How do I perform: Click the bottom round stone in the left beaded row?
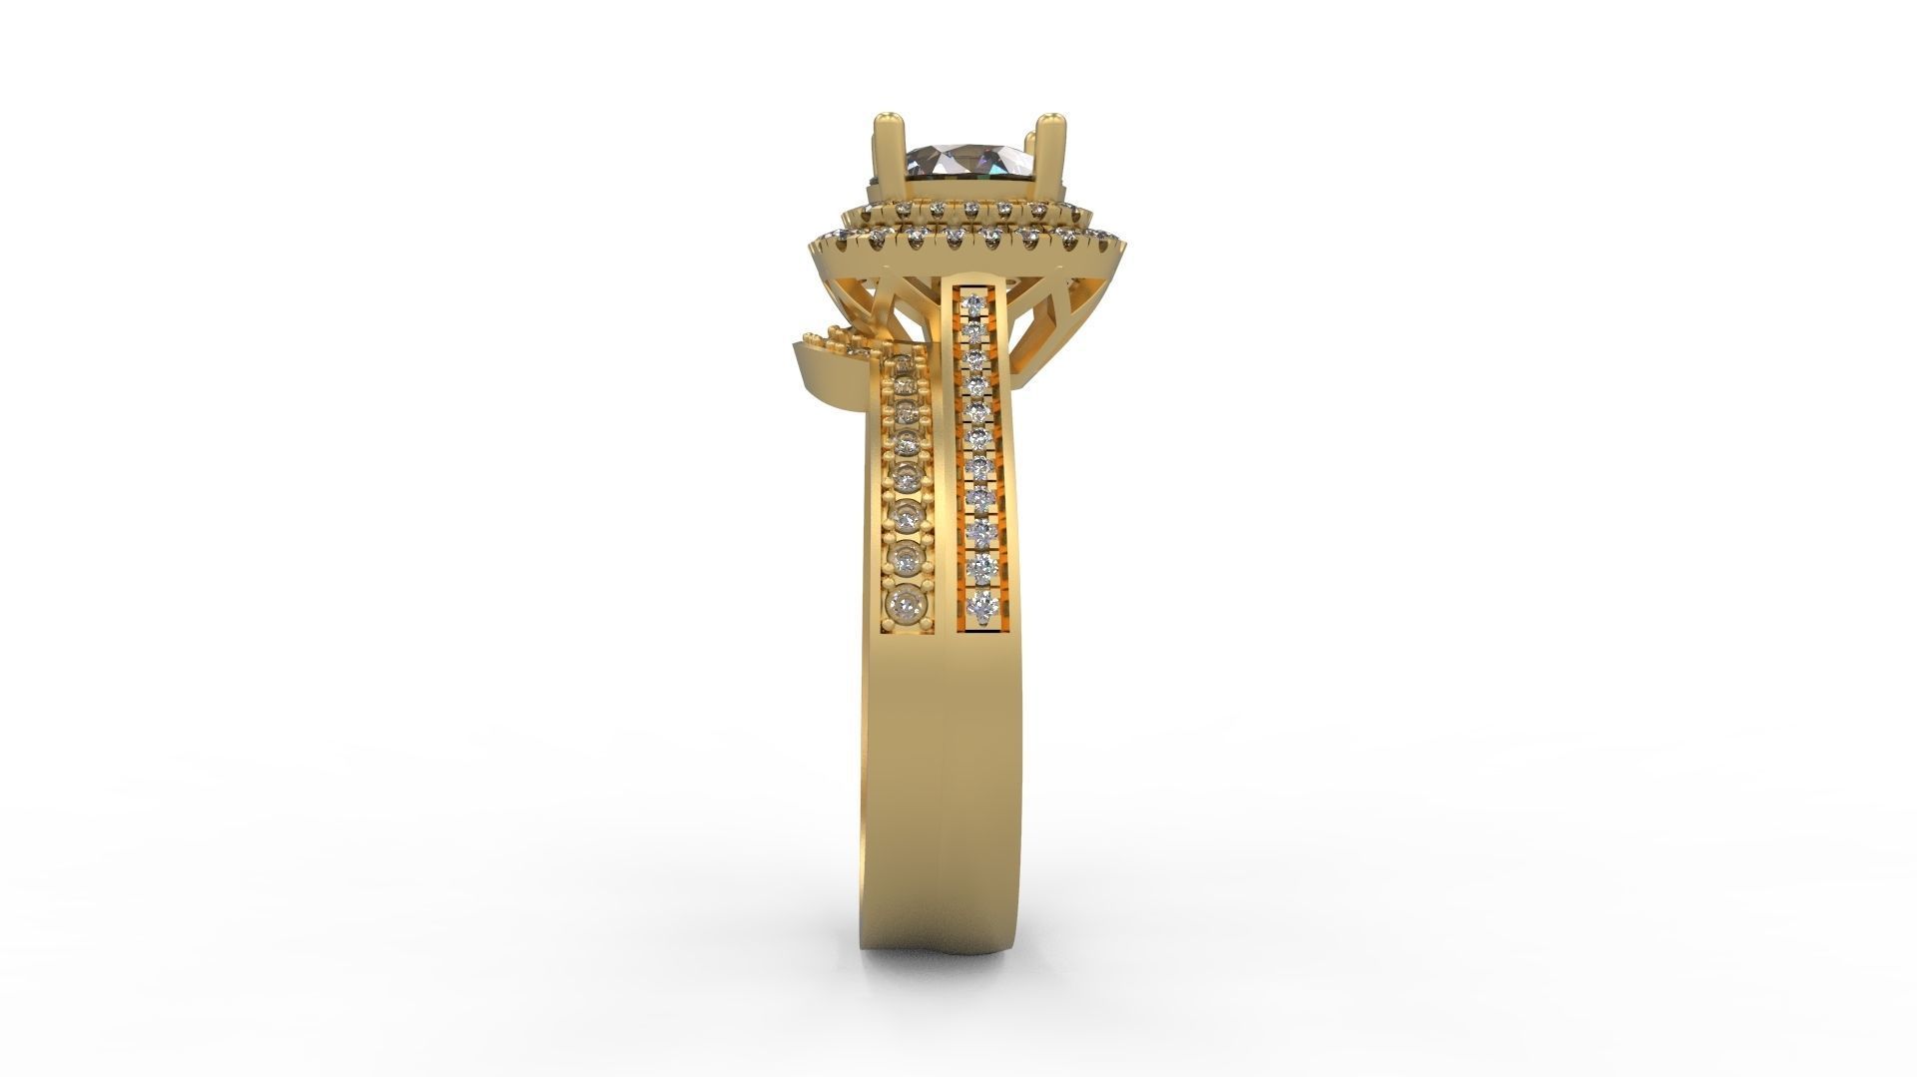907,602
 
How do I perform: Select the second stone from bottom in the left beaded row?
908,559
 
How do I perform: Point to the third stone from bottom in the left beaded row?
908,517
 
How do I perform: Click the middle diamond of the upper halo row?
971,209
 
